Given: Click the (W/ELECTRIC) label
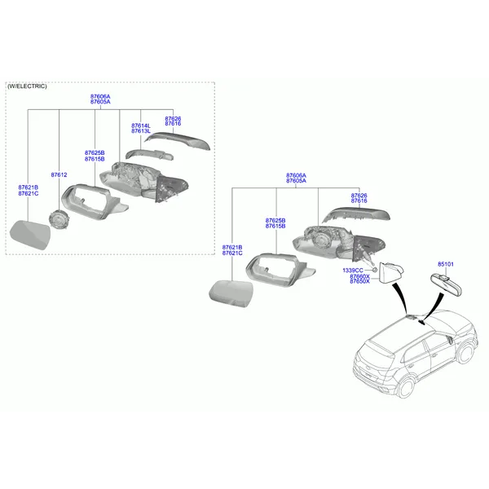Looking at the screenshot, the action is coord(27,86).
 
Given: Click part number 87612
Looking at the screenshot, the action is coord(59,175).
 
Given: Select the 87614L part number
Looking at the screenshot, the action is coord(141,126).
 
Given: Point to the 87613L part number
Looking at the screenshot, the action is coord(141,131).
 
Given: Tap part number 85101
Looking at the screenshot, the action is coord(446,264).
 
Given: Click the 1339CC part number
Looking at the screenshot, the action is coord(353,271).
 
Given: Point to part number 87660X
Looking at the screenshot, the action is coord(359,276).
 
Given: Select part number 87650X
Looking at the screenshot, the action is coord(359,281).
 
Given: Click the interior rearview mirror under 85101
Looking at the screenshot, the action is coord(446,284).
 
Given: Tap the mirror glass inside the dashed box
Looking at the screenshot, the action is coord(30,235).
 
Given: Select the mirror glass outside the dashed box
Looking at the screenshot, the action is coord(231,293).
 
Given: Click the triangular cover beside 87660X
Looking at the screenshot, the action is coord(390,273).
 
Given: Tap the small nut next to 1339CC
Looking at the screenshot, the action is coord(375,269).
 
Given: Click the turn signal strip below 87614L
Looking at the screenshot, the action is coord(149,155).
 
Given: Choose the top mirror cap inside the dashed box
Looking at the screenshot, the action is coord(178,140).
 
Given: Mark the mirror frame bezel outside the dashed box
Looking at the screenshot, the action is coord(280,270).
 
